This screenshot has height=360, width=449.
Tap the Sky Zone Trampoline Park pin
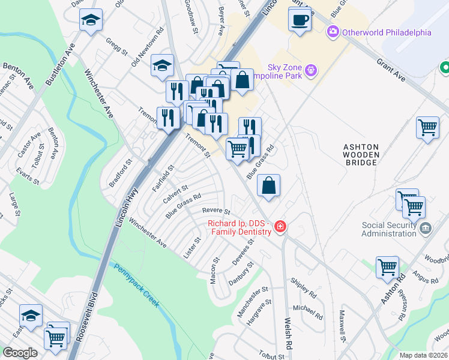point(310,71)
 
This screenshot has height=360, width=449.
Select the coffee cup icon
point(299,20)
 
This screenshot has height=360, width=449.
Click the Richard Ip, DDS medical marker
point(280,226)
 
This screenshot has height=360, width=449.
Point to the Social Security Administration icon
point(426,227)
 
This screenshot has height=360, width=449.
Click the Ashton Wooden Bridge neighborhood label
point(361,154)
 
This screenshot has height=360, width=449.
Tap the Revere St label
point(216,211)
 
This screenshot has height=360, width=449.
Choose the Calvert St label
point(175,193)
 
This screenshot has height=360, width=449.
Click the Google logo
point(20,353)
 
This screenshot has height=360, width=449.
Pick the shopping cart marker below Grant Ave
point(427,128)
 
